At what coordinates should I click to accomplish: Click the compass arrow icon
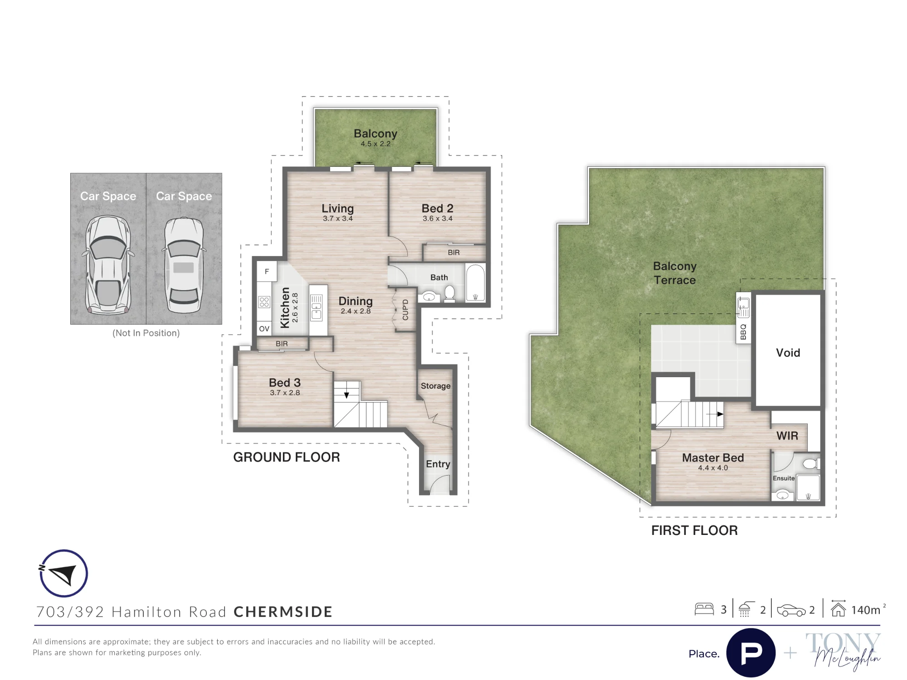tap(63, 573)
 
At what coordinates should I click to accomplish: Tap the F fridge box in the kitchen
tap(267, 272)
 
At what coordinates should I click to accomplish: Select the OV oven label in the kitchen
tap(264, 329)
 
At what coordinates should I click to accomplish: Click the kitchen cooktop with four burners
tap(264, 302)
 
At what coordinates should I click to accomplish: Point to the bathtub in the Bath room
tap(475, 283)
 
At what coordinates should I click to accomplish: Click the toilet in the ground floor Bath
tap(449, 294)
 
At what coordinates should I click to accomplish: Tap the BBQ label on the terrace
tap(743, 331)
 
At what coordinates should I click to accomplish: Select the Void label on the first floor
tap(788, 353)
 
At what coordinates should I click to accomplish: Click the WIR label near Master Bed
tap(787, 436)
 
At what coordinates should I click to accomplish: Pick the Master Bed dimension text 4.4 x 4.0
tap(713, 468)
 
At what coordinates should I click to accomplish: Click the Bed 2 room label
tap(437, 209)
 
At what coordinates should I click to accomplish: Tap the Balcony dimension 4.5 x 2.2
tap(375, 144)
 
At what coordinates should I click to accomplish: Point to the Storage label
tap(435, 386)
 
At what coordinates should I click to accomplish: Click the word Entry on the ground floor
tap(438, 464)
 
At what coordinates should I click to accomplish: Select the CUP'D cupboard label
tap(405, 310)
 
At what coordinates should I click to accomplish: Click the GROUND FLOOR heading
tap(287, 457)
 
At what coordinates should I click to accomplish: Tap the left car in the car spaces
tap(108, 266)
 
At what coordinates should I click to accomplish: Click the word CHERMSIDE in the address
tap(283, 612)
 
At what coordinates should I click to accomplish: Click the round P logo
tap(751, 653)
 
